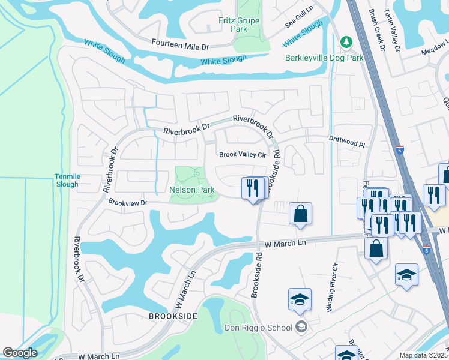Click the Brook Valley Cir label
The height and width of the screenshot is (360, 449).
coord(242,154)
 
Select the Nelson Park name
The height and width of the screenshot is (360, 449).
coord(192,190)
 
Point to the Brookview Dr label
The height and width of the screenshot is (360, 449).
coord(128,202)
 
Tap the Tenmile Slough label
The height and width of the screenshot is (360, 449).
coord(67,180)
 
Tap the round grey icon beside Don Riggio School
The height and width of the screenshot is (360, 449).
coord(301,327)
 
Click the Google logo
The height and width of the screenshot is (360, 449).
coord(20,353)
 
